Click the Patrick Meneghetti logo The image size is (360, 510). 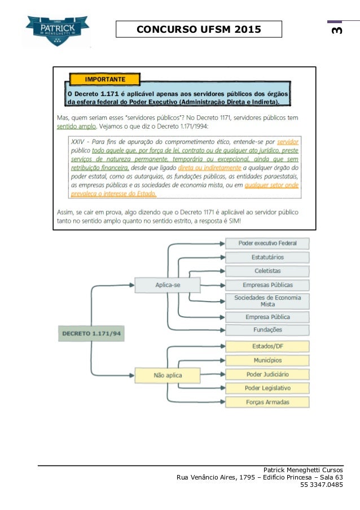tap(57, 30)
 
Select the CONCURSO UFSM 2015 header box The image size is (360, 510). tap(199, 29)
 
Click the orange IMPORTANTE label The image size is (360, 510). tap(104, 79)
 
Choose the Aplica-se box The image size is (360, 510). tap(168, 285)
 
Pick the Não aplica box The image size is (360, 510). tap(168, 374)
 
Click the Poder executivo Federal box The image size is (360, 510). tap(267, 243)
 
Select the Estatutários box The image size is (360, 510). tap(267, 257)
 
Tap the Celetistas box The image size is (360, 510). tap(267, 271)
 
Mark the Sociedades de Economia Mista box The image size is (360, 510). tap(267, 300)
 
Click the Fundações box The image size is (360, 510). tap(267, 330)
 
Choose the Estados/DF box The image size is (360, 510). tap(267, 346)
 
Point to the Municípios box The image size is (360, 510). tap(267, 360)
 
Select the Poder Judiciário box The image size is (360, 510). tap(267, 374)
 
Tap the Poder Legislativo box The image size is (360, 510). tap(267, 388)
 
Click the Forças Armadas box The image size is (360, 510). tap(267, 402)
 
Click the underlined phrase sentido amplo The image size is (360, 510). tap(77, 127)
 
